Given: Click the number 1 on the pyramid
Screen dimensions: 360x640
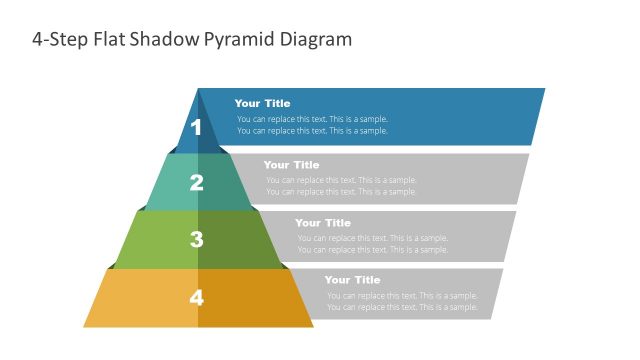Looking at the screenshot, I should [197, 127].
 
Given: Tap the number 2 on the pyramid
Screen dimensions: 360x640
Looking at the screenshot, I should [197, 183].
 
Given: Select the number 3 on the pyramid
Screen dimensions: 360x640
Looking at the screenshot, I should [197, 240].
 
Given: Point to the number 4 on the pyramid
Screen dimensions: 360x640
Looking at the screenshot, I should [197, 297].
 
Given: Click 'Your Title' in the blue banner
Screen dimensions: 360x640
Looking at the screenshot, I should [262, 103].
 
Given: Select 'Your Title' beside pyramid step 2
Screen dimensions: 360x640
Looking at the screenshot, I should [291, 165].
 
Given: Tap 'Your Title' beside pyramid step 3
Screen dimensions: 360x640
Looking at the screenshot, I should [323, 223].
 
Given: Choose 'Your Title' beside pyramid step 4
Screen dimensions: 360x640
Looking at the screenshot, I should [352, 281].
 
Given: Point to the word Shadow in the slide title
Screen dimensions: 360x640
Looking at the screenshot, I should [171, 40].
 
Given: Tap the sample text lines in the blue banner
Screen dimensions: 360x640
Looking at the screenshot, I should [312, 125].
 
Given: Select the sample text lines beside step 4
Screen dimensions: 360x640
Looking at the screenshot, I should [402, 301].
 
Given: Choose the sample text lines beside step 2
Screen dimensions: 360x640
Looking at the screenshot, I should [341, 186].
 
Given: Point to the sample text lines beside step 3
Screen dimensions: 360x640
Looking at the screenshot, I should [372, 244].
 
